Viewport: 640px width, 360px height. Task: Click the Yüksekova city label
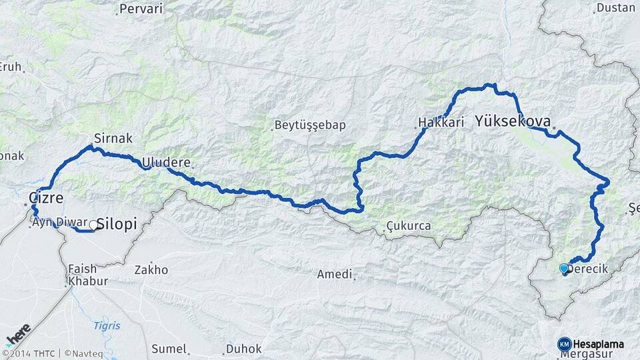[x=513, y=121]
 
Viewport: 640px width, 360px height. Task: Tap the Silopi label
[x=117, y=224]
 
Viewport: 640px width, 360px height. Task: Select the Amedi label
[x=333, y=275]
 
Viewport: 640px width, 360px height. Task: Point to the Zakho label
[x=151, y=270]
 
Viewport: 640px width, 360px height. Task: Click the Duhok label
[x=243, y=348]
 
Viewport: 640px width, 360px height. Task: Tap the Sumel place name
[x=168, y=348]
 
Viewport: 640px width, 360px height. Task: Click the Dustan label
[x=615, y=8]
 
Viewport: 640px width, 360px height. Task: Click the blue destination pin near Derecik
[x=564, y=269]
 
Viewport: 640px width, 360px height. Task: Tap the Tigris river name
[x=107, y=325]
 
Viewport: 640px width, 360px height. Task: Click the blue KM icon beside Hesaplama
[x=565, y=343]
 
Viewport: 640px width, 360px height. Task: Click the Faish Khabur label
[x=87, y=275]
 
